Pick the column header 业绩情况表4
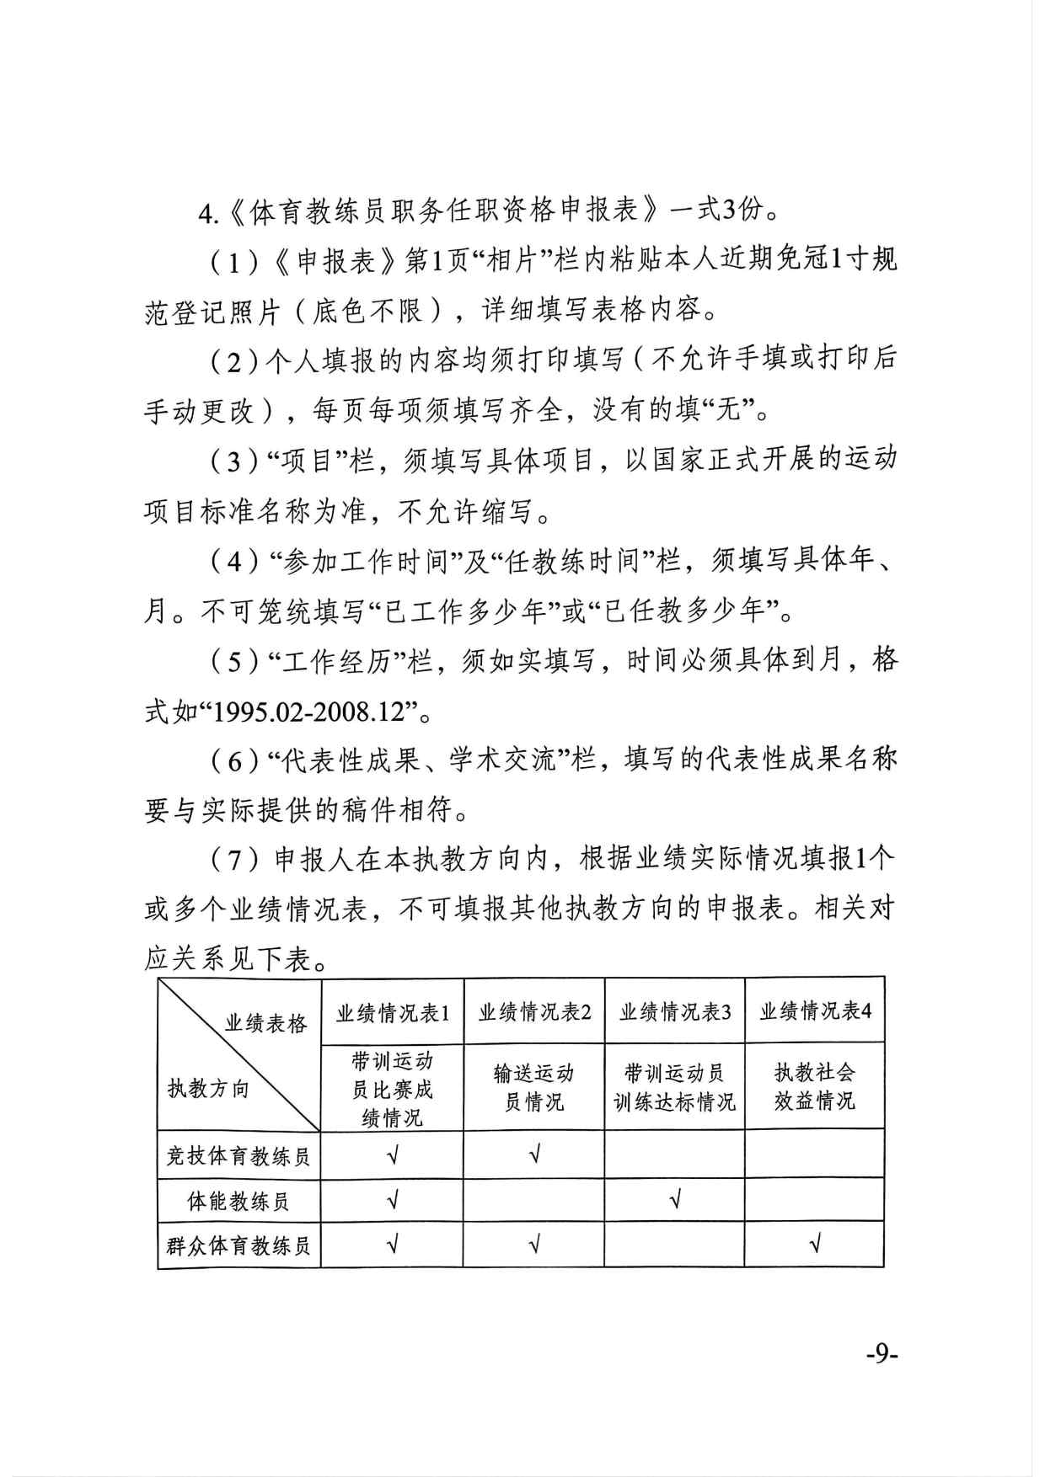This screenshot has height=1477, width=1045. click(x=815, y=1010)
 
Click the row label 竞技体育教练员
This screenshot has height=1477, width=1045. click(x=238, y=1155)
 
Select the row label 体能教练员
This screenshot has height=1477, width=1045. click(x=238, y=1201)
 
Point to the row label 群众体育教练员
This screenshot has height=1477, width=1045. click(x=238, y=1245)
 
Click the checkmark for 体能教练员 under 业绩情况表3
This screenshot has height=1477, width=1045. click(x=674, y=1199)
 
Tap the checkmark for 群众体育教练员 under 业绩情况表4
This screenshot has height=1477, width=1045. click(x=814, y=1244)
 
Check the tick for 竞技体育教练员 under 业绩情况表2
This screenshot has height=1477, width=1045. click(x=533, y=1154)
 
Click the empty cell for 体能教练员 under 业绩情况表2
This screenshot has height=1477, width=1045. click(x=533, y=1200)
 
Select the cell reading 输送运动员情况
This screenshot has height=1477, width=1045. click(x=533, y=1087)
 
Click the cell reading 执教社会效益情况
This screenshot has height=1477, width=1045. click(x=815, y=1086)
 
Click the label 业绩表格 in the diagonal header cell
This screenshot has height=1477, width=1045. click(x=266, y=1023)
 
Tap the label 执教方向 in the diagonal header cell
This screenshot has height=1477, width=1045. click(x=208, y=1089)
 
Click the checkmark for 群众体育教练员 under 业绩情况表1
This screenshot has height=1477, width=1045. click(x=392, y=1244)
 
